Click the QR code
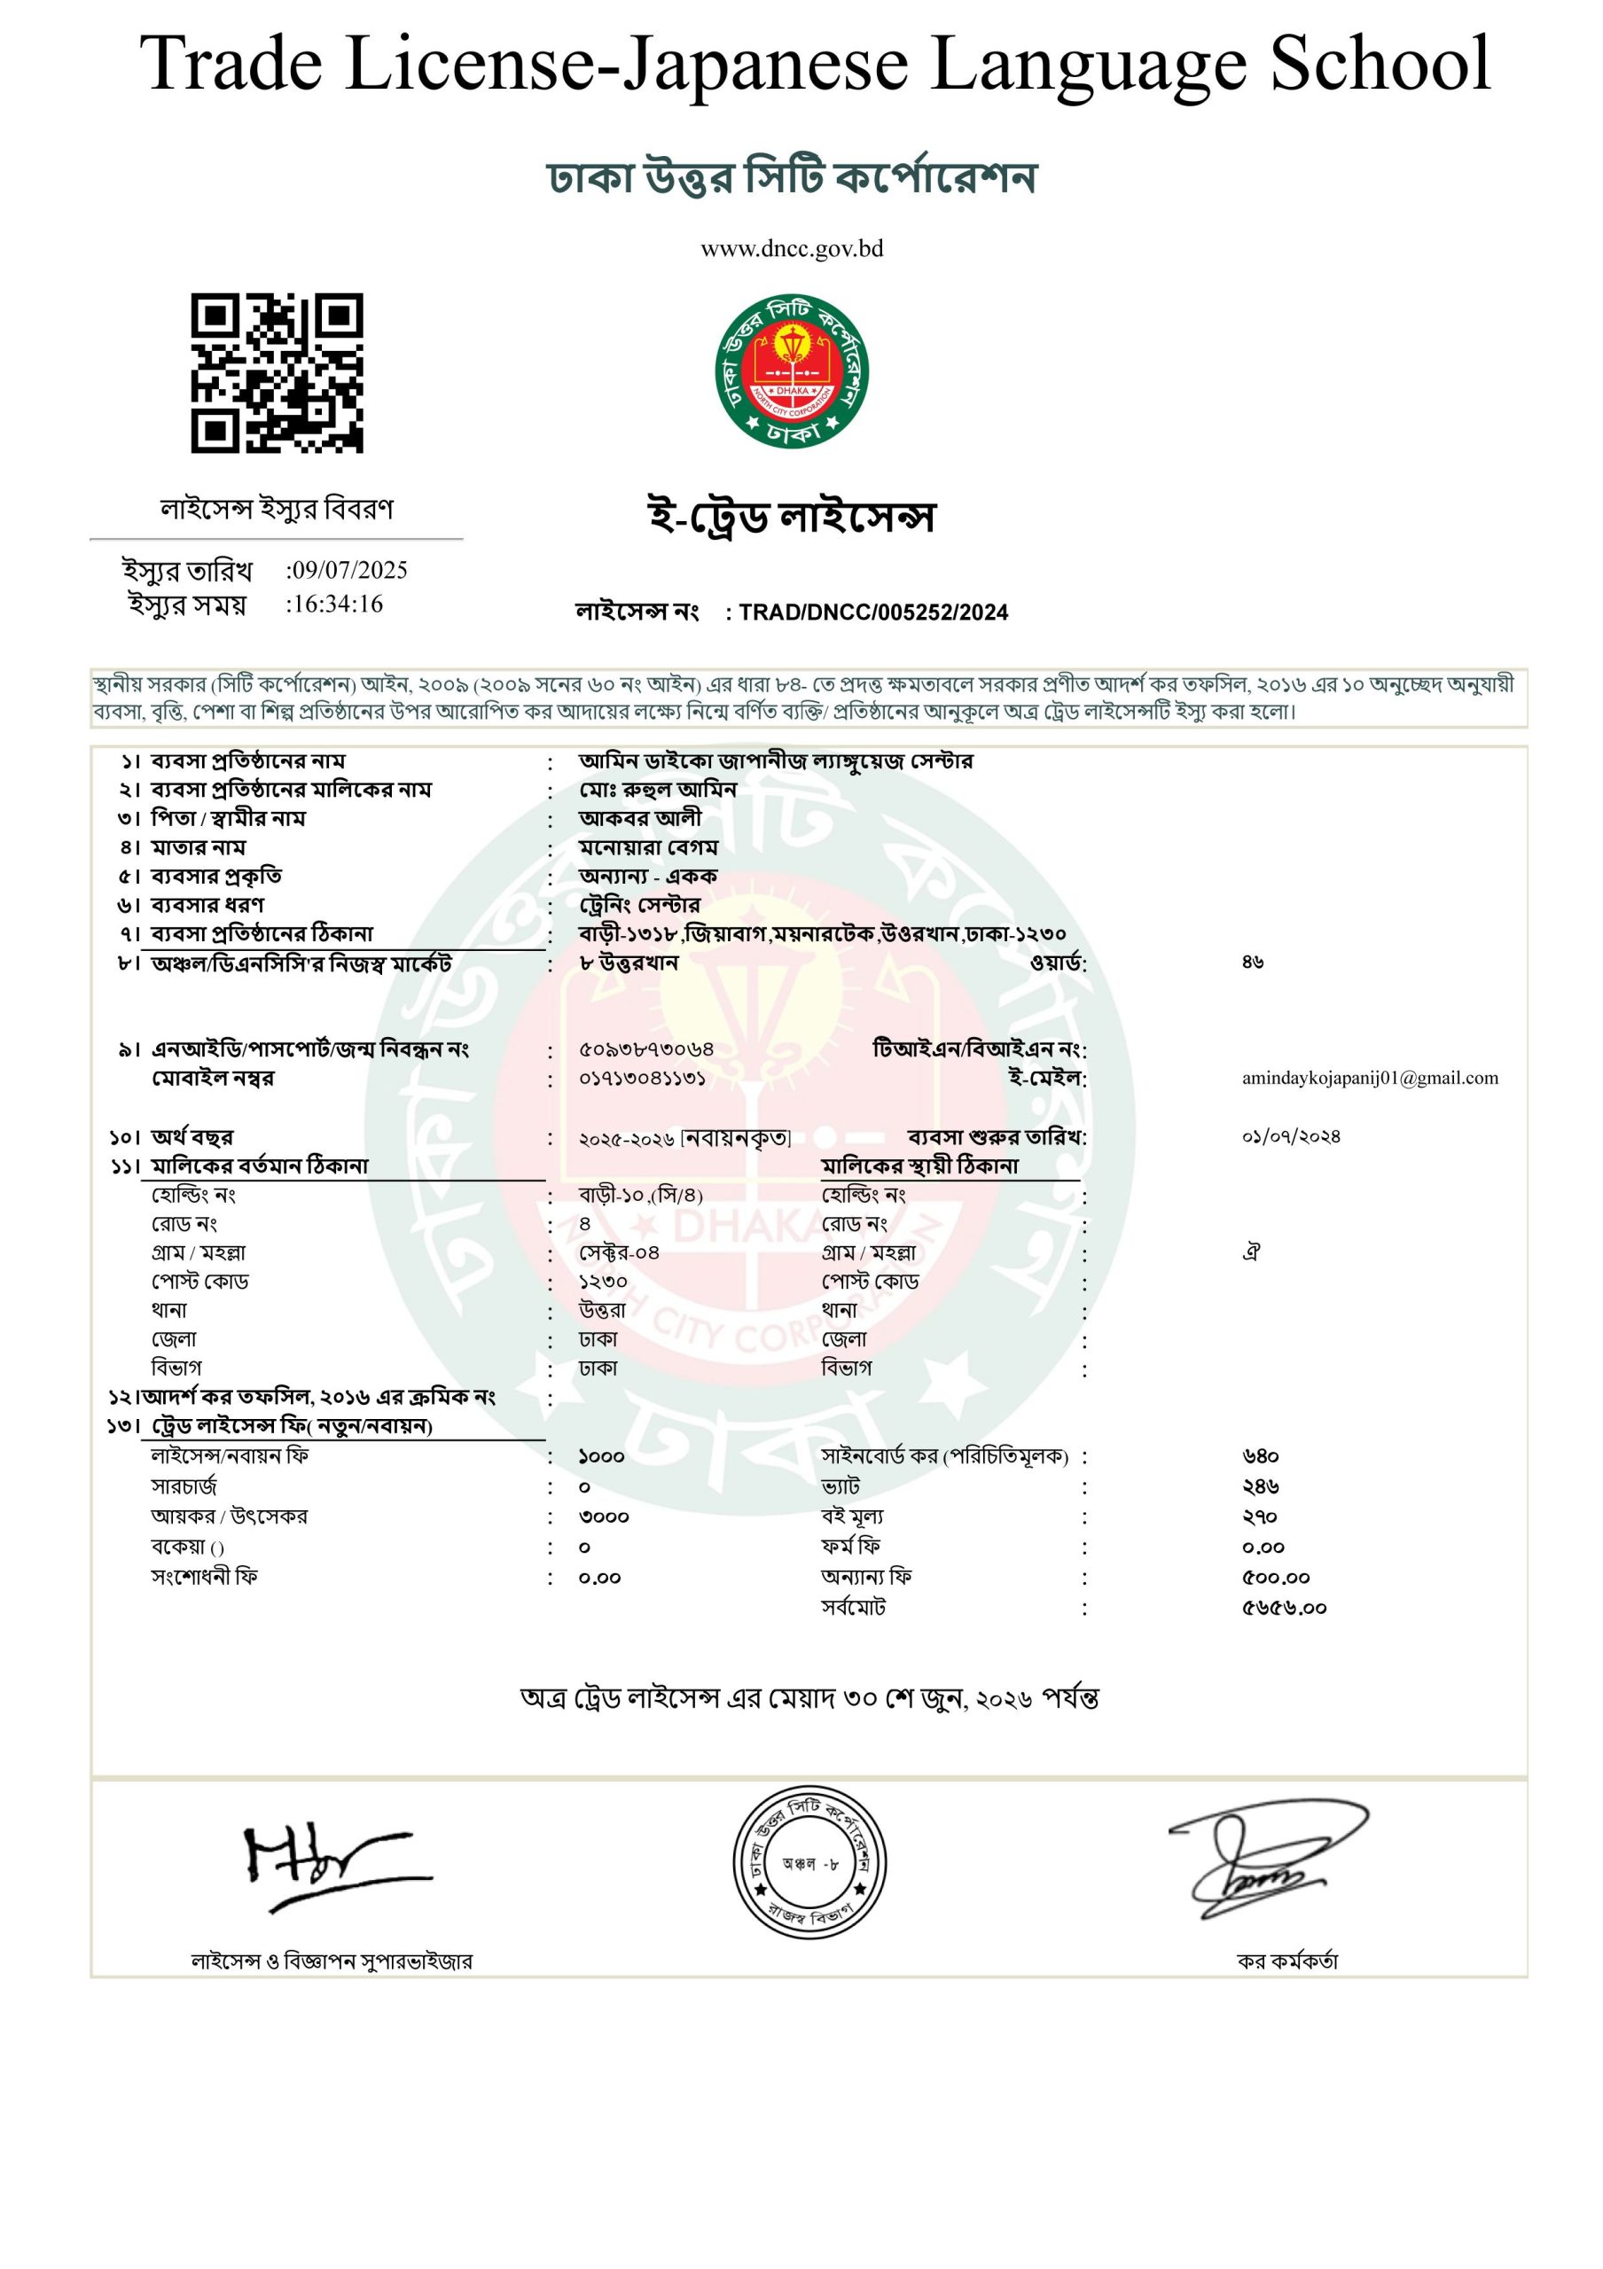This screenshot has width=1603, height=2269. [x=277, y=372]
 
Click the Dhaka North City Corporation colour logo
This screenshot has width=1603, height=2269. [x=792, y=372]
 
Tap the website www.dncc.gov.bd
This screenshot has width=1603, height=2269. [x=792, y=249]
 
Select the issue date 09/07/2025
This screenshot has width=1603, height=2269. [x=348, y=570]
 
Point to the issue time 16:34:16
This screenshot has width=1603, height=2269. [x=336, y=604]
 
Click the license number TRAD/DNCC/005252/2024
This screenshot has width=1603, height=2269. [x=872, y=612]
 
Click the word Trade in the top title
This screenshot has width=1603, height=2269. [x=231, y=63]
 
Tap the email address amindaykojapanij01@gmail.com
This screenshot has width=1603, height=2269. [x=1370, y=1078]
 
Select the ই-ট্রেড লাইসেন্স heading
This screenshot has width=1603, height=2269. [x=792, y=517]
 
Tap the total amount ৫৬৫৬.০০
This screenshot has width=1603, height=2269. [x=1284, y=1608]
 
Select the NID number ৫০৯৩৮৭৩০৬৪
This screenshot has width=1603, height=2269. [x=646, y=1049]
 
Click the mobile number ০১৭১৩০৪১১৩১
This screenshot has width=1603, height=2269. [x=643, y=1078]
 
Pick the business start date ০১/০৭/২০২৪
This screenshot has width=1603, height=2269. [x=1291, y=1136]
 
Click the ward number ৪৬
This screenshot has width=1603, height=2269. [x=1253, y=962]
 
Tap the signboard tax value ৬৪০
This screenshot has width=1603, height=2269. [x=1260, y=1456]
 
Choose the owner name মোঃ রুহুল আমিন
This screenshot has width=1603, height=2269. [x=658, y=790]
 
